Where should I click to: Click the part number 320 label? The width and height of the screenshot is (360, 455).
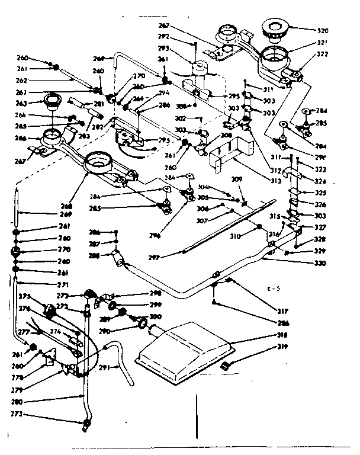[322, 30]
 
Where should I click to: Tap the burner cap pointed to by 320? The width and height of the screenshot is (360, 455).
[275, 27]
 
